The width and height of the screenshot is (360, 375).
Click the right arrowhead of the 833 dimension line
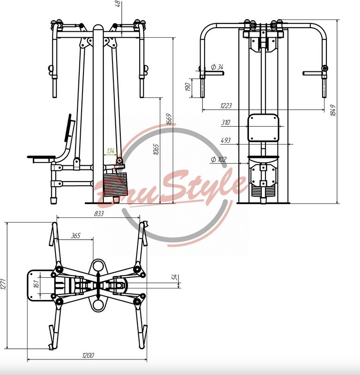click(138, 217)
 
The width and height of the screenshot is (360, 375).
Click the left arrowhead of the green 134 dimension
click(105, 155)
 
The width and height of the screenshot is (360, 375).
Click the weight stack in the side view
click(115, 184)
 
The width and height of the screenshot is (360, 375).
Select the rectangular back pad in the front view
click(263, 128)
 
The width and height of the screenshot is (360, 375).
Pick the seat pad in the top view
click(40, 285)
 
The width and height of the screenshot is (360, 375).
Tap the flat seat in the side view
click(41, 158)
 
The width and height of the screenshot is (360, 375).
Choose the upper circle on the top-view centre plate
click(98, 266)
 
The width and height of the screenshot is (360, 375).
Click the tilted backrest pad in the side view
click(68, 128)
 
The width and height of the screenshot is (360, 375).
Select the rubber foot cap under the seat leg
click(53, 200)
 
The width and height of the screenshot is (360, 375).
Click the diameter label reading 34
click(218, 67)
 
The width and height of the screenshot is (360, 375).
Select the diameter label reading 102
click(218, 159)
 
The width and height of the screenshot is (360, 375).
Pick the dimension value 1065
click(156, 149)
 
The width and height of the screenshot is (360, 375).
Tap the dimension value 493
click(226, 140)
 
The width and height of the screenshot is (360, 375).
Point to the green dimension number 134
click(111, 151)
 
